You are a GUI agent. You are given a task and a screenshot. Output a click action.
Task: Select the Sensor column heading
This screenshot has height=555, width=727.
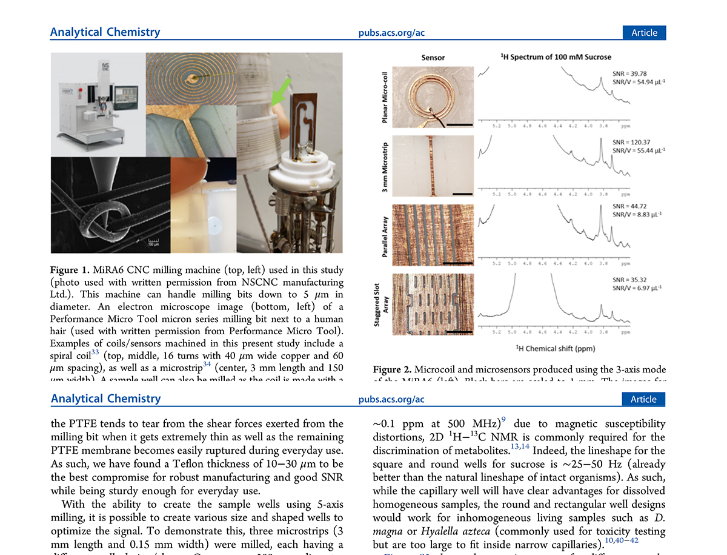pyautogui.click(x=433, y=58)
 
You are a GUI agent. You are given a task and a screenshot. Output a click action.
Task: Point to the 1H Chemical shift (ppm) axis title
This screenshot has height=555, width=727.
pyautogui.click(x=554, y=349)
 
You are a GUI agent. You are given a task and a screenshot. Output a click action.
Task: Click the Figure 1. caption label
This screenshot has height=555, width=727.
pyautogui.click(x=71, y=270)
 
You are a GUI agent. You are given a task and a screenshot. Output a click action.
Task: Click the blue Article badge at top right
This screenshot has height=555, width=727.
pyautogui.click(x=644, y=33)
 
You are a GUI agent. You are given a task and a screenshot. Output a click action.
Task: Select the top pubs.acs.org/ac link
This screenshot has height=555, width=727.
pyautogui.click(x=391, y=33)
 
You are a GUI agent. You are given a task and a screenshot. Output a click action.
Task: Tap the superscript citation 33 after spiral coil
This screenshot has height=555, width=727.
pyautogui.click(x=95, y=351)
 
